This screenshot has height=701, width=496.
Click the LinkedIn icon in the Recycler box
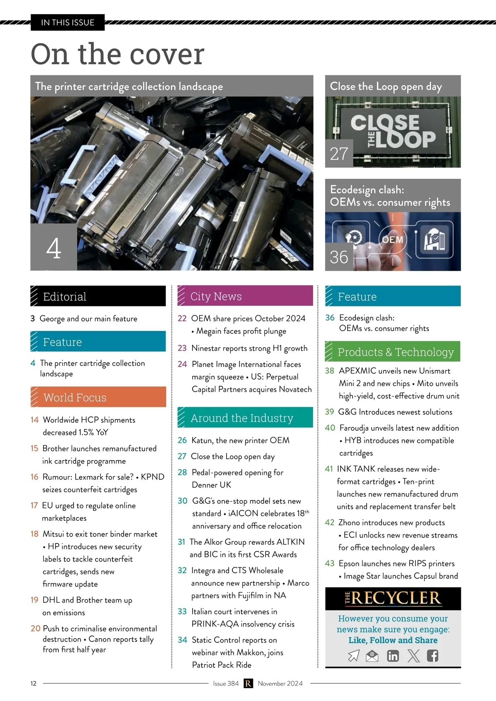point(393,656)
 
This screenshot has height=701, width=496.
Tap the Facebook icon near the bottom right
point(432,656)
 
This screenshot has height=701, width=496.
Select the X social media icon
point(413,656)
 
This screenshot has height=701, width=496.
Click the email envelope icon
point(372,656)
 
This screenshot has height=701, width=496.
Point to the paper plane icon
point(354,656)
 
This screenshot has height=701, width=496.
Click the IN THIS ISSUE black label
point(68,23)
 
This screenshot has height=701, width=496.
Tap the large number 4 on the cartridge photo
point(53,248)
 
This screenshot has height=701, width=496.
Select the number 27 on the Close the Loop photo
point(339,154)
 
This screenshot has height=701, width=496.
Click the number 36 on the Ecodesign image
point(339,257)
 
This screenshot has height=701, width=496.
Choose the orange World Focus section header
point(98,397)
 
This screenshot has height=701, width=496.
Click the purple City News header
point(245,296)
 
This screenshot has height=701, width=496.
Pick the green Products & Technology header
point(393,351)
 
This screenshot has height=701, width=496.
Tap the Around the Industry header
point(245,417)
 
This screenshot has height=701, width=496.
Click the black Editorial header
point(98,296)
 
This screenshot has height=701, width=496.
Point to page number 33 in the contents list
point(182,611)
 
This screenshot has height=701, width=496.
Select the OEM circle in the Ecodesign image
point(393,239)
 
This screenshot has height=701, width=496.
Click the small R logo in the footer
point(248,684)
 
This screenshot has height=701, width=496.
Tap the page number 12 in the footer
point(33,684)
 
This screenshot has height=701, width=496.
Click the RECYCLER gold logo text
point(393,598)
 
